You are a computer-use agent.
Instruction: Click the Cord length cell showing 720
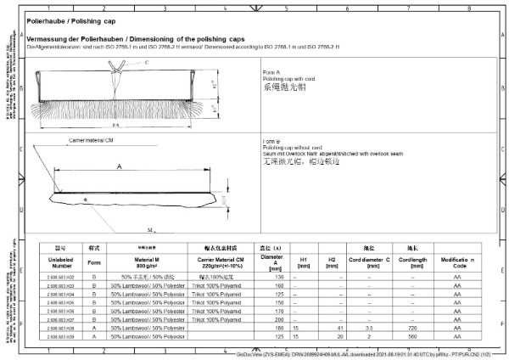pos(411,327)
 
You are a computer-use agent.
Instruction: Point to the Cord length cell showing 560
pos(411,335)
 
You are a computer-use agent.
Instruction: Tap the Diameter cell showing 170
pos(279,310)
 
